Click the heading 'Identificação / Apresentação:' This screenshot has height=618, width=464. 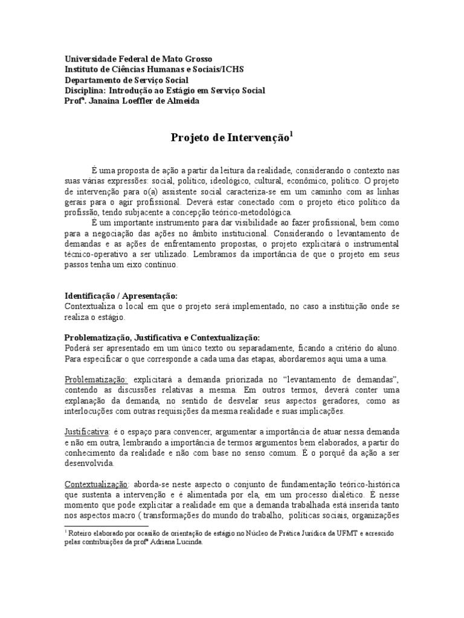pos(121,297)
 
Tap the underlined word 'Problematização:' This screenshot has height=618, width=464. pos(95,378)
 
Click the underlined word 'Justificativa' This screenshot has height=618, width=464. pos(86,432)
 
